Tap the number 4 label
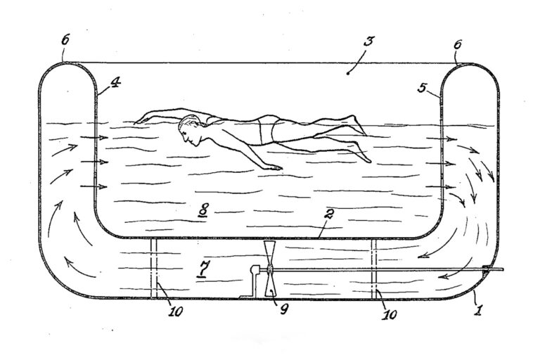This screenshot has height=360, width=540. point(115,82)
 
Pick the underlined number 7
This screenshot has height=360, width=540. point(204,268)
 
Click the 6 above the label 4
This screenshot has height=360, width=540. point(65,39)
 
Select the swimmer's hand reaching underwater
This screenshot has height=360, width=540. point(275,167)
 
